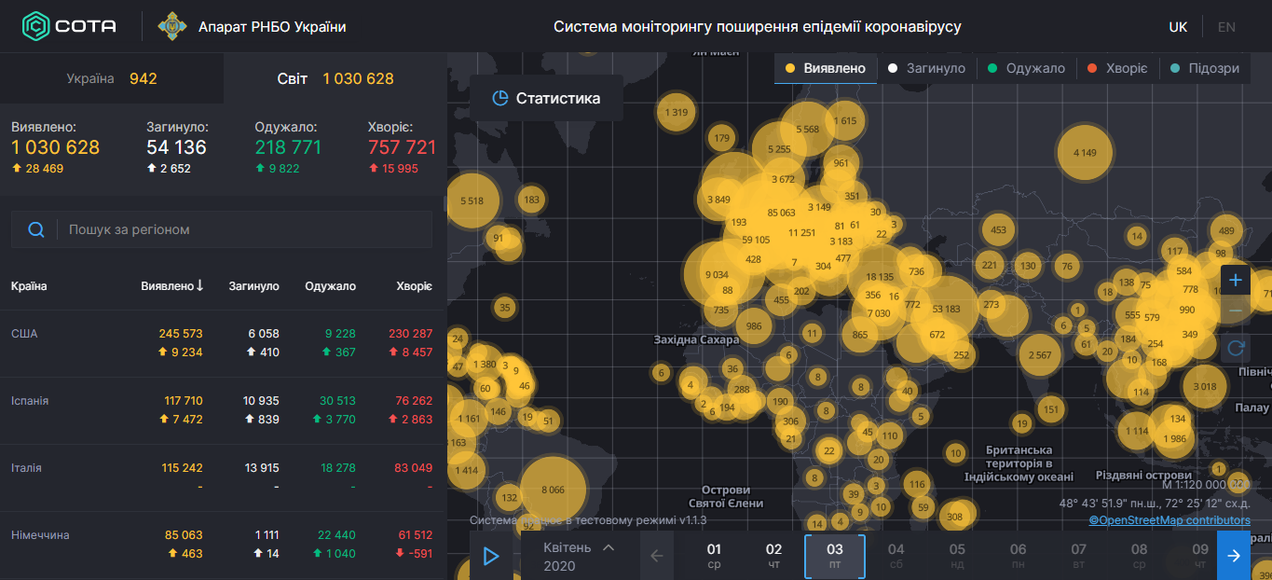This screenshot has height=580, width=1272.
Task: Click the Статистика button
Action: coord(546,98)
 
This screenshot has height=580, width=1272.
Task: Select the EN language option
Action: coord(1226,27)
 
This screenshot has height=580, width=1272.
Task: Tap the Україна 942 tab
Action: coord(112,78)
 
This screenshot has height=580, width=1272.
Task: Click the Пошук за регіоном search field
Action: coord(242,229)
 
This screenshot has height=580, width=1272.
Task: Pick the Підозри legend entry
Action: coord(1204,68)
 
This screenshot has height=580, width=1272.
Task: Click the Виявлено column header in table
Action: coord(171,286)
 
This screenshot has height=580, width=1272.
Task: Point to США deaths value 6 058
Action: coord(264,333)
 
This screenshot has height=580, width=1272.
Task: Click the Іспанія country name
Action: coord(30,400)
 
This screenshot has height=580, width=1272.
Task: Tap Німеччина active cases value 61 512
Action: coord(415,534)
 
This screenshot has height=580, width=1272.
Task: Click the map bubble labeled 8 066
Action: coord(553,490)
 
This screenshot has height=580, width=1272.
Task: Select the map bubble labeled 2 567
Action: coord(1040,355)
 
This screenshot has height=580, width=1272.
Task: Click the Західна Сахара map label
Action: coord(695,339)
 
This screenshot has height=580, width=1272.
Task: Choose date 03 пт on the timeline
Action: coord(835,556)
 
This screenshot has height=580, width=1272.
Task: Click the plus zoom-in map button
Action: coord(1236,280)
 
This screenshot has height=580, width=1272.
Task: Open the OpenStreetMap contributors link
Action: coord(1169,520)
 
